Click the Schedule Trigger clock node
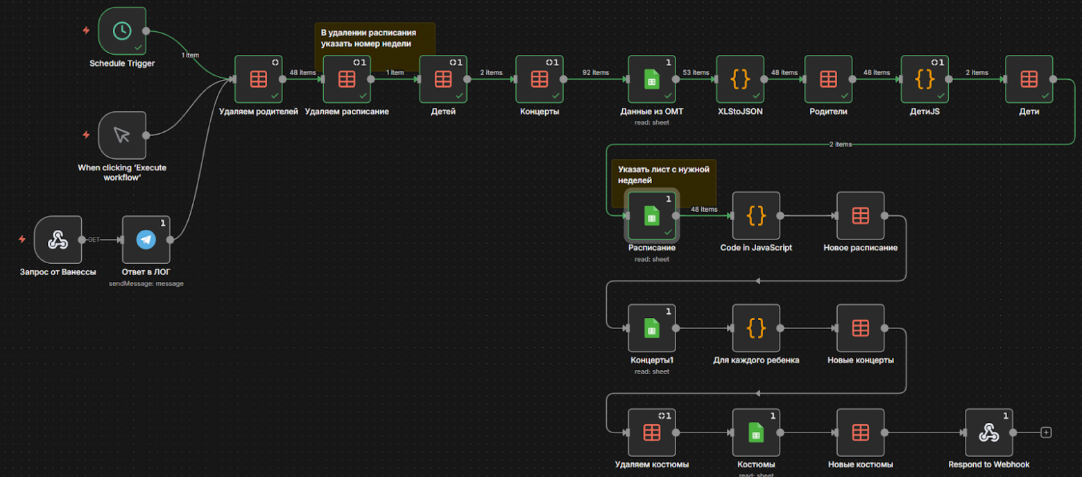pos(122,31)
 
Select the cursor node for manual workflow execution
pos(122,135)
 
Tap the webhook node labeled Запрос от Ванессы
pos(58,240)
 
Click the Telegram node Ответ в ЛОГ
pos(146,240)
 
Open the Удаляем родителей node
pos(258,79)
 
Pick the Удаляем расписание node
pos(347,79)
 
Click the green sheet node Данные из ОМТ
pos(651,79)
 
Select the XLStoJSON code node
pos(740,79)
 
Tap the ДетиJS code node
pos(924,79)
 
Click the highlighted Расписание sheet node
pos(651,216)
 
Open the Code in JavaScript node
pos(756,216)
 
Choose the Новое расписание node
pos(860,216)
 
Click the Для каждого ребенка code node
pos(756,328)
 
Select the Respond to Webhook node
pos(988,433)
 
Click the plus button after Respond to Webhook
pos(1047,433)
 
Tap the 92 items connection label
pos(595,72)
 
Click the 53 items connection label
pos(696,72)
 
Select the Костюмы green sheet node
pos(756,433)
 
